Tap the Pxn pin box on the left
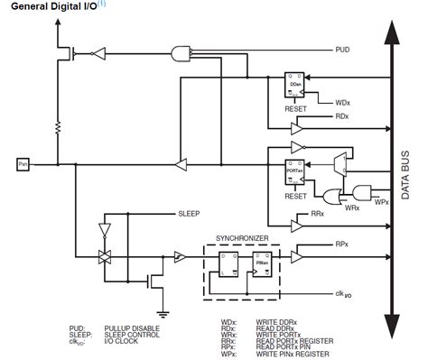[22, 164]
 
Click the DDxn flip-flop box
[296, 83]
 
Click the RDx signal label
[341, 116]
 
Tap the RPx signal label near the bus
[341, 244]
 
